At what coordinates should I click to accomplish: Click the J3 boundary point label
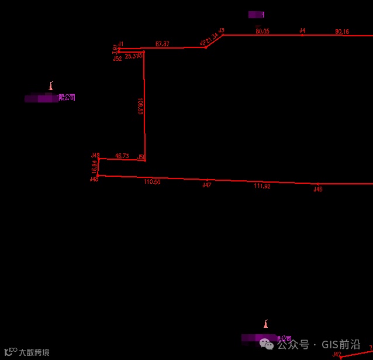tap(222, 30)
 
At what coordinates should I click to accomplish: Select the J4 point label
tap(302, 30)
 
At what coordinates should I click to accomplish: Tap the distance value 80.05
tap(263, 31)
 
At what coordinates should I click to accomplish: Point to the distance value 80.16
tap(342, 32)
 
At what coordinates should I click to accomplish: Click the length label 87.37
tap(163, 44)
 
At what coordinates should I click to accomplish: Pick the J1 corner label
tap(121, 44)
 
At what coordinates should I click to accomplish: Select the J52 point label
tap(118, 59)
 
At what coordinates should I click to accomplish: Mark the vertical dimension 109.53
tap(140, 106)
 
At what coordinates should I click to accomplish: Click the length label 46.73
tap(122, 156)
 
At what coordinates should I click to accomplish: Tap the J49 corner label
tap(95, 155)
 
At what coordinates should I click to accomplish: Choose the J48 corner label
tap(94, 179)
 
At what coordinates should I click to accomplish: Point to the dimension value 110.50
tap(152, 182)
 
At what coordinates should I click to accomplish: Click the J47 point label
tap(206, 185)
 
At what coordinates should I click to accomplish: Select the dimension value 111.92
tap(263, 186)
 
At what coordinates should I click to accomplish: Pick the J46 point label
tap(318, 189)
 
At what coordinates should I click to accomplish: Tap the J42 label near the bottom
tap(337, 354)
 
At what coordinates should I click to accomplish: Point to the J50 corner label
tap(141, 157)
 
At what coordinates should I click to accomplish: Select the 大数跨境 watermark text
tap(33, 352)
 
